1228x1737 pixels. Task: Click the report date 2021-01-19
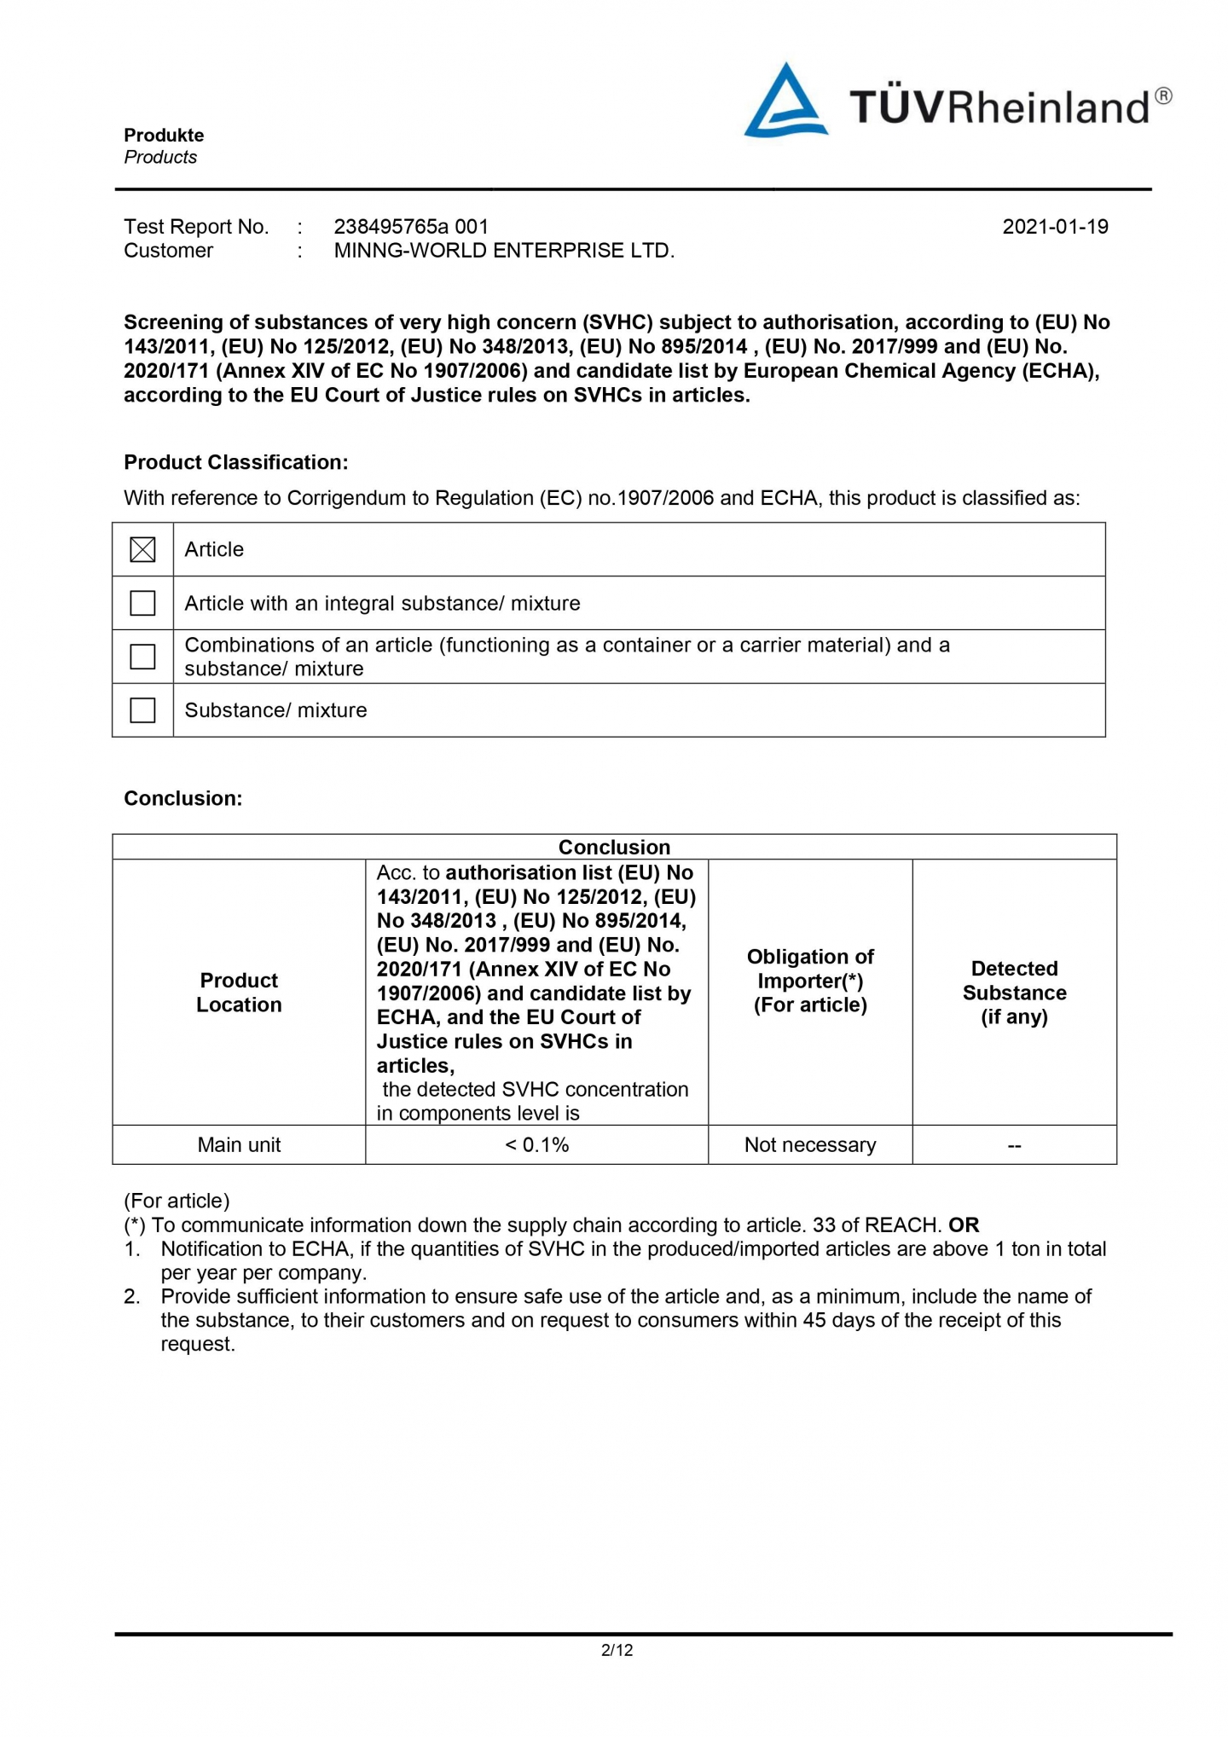(x=1055, y=227)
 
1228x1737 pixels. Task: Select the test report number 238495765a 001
(x=411, y=227)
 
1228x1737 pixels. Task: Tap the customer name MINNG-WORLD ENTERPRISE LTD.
(x=504, y=251)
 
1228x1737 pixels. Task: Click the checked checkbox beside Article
(x=142, y=550)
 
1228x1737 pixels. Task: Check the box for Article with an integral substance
(x=142, y=604)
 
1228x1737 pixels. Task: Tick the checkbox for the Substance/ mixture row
(x=142, y=710)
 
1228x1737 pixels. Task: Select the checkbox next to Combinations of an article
(x=142, y=657)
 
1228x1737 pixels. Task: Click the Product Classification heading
(x=236, y=462)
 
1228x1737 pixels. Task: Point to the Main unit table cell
(x=239, y=1145)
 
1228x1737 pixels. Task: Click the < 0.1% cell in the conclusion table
(x=536, y=1145)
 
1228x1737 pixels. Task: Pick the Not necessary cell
(x=810, y=1145)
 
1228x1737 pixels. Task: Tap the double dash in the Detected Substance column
(x=1014, y=1146)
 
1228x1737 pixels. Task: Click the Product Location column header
(x=239, y=993)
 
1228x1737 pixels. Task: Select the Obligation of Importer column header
(x=810, y=981)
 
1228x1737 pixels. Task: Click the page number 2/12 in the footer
(x=617, y=1650)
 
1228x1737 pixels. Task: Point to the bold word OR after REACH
(x=964, y=1225)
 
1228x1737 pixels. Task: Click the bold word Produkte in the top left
(x=164, y=136)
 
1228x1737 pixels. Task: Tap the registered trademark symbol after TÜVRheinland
(x=1163, y=96)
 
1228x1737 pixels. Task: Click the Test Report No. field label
(x=196, y=227)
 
